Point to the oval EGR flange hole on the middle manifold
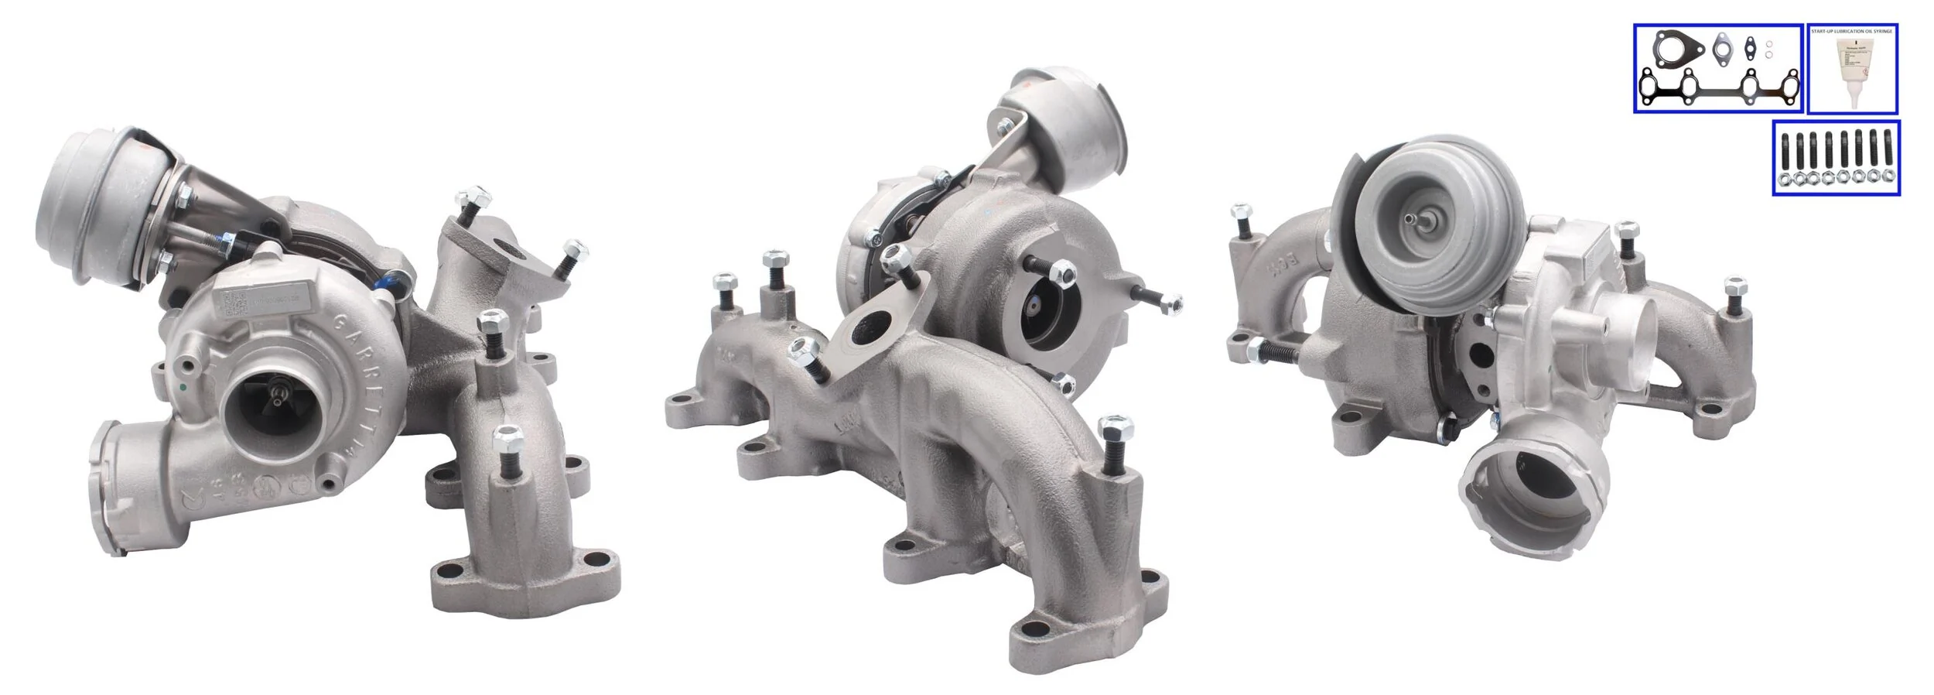[x=866, y=331]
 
